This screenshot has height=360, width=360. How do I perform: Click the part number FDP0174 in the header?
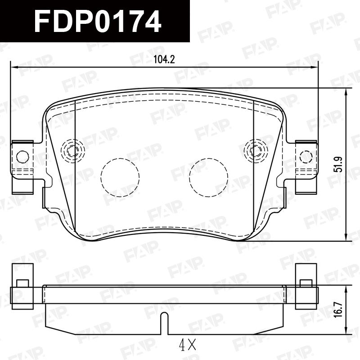[98, 22]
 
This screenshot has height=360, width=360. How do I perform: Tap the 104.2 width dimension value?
[164, 60]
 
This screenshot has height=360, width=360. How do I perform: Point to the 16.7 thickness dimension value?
[338, 310]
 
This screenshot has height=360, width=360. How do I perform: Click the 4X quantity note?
[188, 344]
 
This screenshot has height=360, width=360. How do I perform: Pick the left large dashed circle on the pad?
[120, 177]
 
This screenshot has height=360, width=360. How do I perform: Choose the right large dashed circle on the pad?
[208, 177]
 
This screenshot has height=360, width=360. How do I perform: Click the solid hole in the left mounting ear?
[23, 157]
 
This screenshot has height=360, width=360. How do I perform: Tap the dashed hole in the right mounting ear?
[306, 157]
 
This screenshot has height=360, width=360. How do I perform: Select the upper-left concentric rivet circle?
[72, 151]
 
